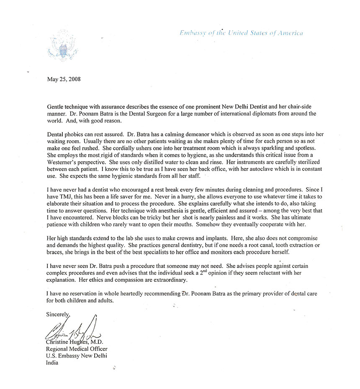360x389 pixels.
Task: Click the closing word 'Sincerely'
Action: click(x=58, y=314)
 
